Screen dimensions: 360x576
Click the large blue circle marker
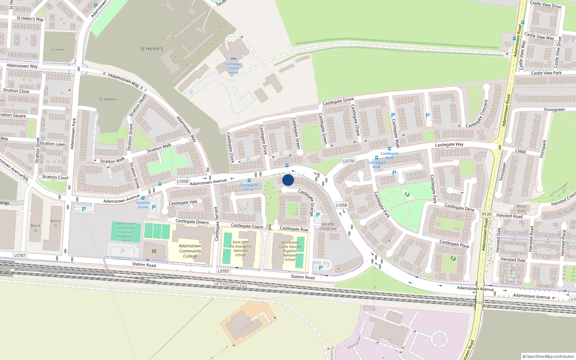tap(288, 180)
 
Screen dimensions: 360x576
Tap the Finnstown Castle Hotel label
tap(233, 68)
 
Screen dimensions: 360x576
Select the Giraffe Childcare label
tap(328, 226)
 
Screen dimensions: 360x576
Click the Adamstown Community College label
tap(190, 251)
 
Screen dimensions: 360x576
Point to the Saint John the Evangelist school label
tap(240, 248)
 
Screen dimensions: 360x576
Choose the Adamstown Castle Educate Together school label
tap(290, 251)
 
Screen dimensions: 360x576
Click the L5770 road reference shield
tap(348, 161)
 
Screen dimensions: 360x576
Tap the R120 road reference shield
tap(486, 214)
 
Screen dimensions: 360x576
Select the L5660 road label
tap(521, 151)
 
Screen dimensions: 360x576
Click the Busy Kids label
tap(521, 208)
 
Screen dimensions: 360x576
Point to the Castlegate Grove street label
tap(338, 102)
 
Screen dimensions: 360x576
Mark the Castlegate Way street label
tap(449, 145)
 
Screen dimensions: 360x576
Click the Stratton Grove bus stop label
tap(143, 205)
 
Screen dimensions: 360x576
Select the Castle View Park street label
tap(546, 73)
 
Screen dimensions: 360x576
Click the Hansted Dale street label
tap(513, 260)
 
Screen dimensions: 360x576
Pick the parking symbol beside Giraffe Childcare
tap(318, 215)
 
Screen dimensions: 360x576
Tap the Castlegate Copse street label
tap(247, 226)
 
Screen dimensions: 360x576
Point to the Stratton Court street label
tap(55, 177)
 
